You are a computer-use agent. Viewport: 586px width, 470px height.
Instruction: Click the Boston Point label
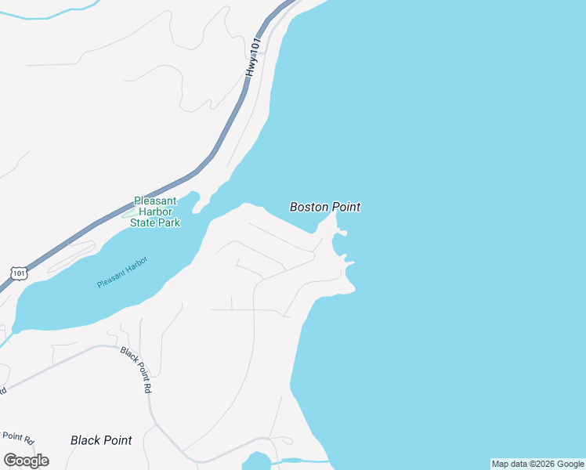click(x=325, y=207)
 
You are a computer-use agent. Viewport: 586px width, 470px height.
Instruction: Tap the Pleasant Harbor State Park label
click(x=155, y=211)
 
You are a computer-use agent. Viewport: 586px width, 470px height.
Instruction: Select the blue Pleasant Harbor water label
click(x=122, y=273)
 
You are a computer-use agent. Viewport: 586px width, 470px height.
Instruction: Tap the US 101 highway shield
click(x=20, y=272)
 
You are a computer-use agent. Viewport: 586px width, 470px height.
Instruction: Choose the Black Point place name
click(x=101, y=440)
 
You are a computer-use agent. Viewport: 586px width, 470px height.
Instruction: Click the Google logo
click(x=26, y=460)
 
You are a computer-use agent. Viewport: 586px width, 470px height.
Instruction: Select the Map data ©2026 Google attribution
click(x=537, y=464)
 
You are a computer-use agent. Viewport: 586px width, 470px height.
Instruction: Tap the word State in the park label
click(x=144, y=222)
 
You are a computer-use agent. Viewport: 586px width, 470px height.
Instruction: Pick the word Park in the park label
click(x=169, y=222)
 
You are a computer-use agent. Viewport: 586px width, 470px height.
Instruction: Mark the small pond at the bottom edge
click(x=259, y=461)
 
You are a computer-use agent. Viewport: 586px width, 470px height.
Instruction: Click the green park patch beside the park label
click(x=127, y=213)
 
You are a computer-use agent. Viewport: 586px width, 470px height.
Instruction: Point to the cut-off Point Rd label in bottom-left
click(x=17, y=436)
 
